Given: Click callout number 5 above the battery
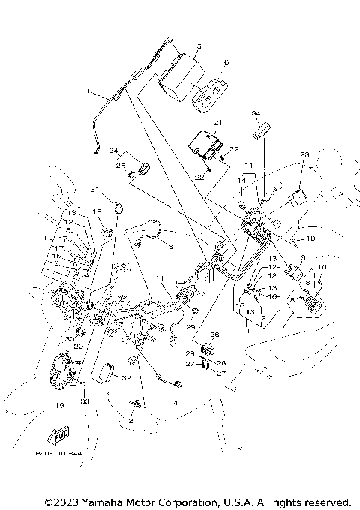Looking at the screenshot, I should click(198, 46).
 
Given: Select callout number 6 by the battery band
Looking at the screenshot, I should click(226, 64).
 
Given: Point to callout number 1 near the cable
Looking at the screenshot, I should click(89, 92).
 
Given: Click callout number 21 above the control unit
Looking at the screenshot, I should click(218, 122).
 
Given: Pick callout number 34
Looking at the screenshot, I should click(256, 114).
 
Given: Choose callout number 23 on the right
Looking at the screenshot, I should click(304, 155).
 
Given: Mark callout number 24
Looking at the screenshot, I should click(114, 150).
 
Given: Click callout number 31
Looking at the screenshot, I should click(116, 188).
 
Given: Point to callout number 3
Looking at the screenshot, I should click(169, 245).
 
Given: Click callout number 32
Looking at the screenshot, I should click(127, 378).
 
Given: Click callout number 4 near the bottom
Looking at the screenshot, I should click(175, 403).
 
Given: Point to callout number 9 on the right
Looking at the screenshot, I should click(303, 256).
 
